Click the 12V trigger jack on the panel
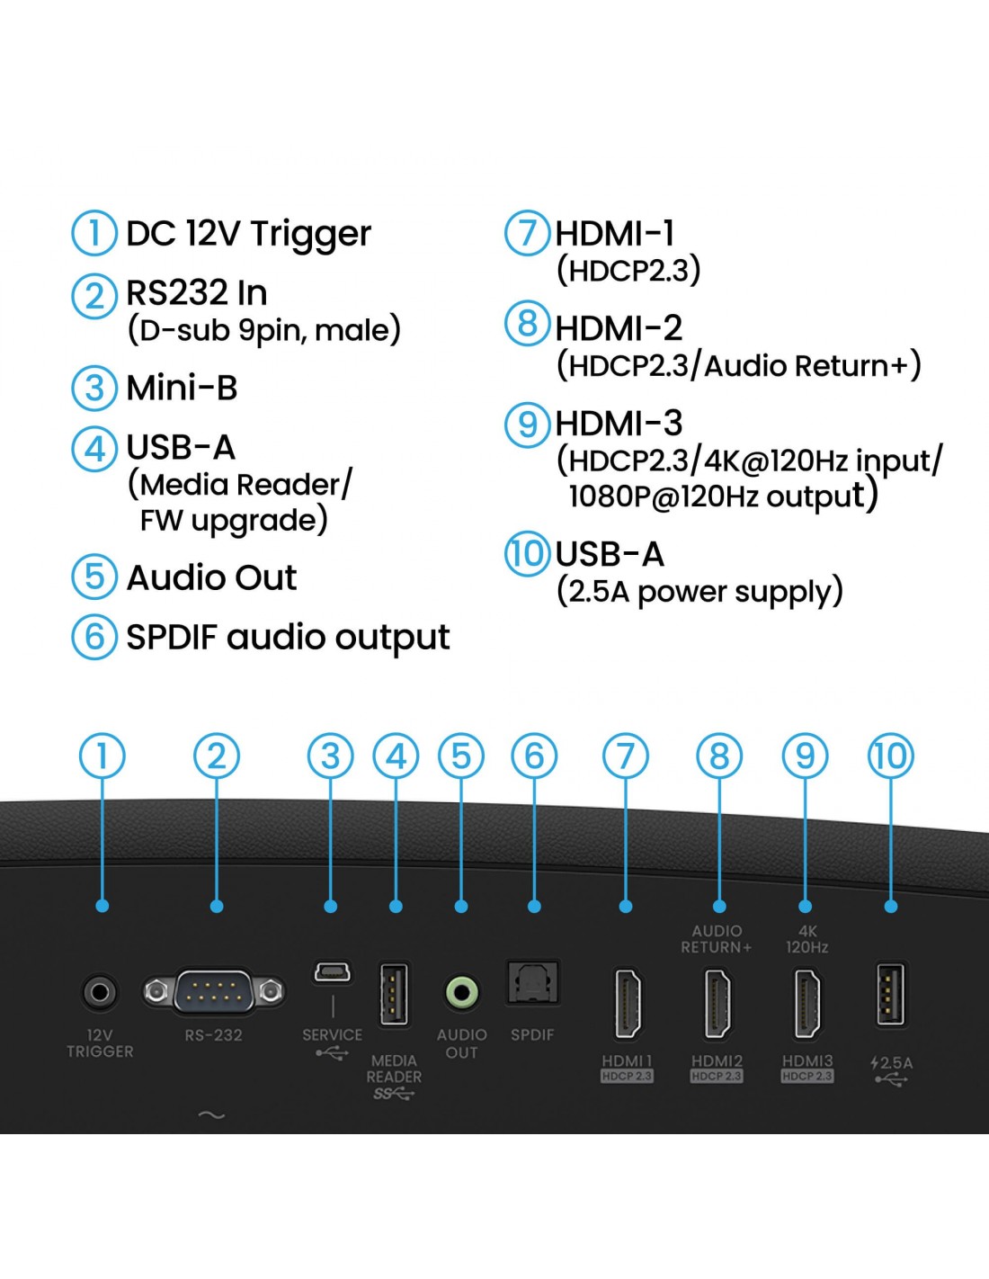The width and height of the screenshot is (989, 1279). (99, 992)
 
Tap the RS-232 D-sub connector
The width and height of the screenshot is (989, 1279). (214, 992)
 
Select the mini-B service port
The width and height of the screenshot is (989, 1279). (333, 971)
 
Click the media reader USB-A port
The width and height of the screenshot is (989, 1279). (394, 995)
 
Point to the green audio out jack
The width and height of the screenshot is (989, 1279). (462, 993)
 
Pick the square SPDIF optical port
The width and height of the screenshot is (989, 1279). (533, 982)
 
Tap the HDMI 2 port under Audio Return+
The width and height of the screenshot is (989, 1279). (717, 1004)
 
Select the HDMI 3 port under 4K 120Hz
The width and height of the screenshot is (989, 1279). (807, 1004)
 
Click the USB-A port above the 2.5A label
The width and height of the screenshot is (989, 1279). (891, 995)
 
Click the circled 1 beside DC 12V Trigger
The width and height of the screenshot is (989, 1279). (94, 233)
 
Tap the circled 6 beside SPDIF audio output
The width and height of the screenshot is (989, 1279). (94, 637)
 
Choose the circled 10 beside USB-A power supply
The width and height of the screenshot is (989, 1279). (527, 553)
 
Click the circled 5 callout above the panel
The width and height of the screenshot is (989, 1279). (461, 756)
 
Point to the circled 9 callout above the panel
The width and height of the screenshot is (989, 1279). (805, 756)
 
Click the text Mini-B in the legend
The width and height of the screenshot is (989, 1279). (182, 388)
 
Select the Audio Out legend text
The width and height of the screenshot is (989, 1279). (212, 577)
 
